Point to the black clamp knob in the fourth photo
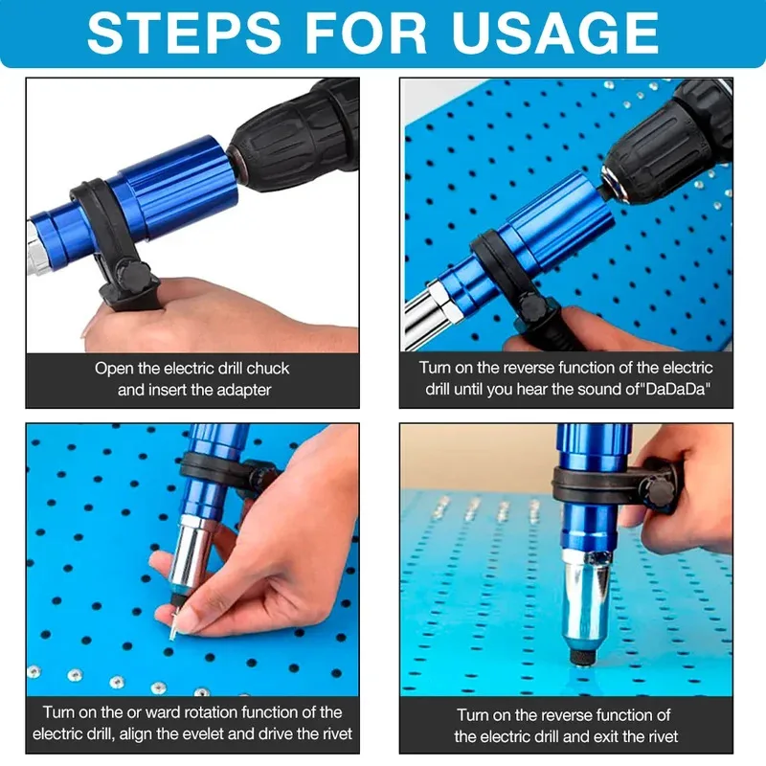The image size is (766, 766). (662, 490)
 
